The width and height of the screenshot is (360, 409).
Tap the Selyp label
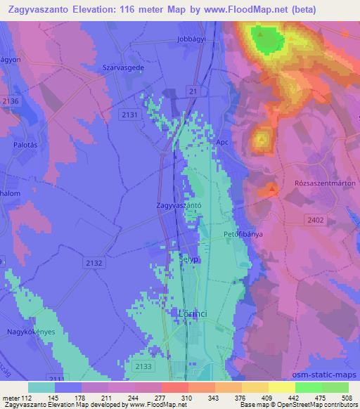pyautogui.click(x=185, y=259)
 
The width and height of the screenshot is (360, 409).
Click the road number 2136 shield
pyautogui.click(x=11, y=101)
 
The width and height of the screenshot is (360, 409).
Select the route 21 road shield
pyautogui.click(x=193, y=92)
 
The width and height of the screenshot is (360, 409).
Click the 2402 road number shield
pyautogui.click(x=316, y=220)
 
